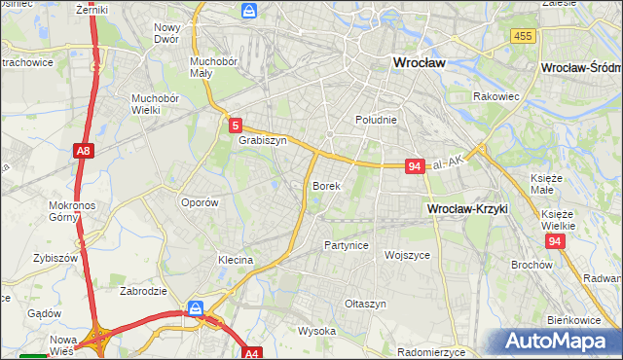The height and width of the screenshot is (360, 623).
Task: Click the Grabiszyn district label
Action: tap(262, 140)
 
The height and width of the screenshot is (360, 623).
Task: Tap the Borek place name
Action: tap(325, 185)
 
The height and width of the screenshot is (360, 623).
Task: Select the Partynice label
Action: tap(347, 245)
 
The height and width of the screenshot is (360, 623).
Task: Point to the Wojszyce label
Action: tap(408, 255)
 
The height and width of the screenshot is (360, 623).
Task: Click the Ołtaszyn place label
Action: tap(365, 304)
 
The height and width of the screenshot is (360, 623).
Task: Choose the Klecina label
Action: tap(236, 261)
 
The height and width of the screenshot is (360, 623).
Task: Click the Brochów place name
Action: tap(531, 265)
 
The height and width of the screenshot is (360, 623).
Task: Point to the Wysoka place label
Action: tap(316, 331)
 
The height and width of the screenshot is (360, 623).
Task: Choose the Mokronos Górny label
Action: tap(70, 213)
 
